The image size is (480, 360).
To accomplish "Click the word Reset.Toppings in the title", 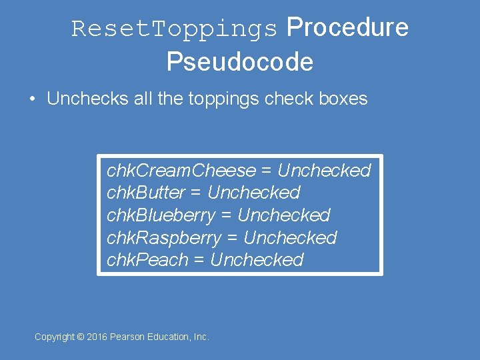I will click(174, 29).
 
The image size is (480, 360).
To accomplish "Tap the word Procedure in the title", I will click(347, 27).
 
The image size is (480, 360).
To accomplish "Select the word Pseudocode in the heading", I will click(240, 62).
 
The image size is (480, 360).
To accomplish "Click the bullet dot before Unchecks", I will click(32, 99).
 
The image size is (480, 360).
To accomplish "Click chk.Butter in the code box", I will click(146, 193).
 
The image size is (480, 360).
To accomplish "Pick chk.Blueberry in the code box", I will click(161, 215).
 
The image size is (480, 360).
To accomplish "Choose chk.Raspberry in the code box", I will click(164, 238).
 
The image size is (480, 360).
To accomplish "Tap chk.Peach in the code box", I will click(147, 260).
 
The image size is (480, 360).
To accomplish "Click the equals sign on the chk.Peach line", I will click(199, 261).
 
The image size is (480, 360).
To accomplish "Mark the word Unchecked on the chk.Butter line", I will click(254, 193).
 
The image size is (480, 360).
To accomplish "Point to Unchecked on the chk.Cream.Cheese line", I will click(324, 171).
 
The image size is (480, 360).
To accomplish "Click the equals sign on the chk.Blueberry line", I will click(227, 216).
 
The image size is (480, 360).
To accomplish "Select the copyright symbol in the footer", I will click(81, 337).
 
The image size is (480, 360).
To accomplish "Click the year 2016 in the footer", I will click(98, 337).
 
